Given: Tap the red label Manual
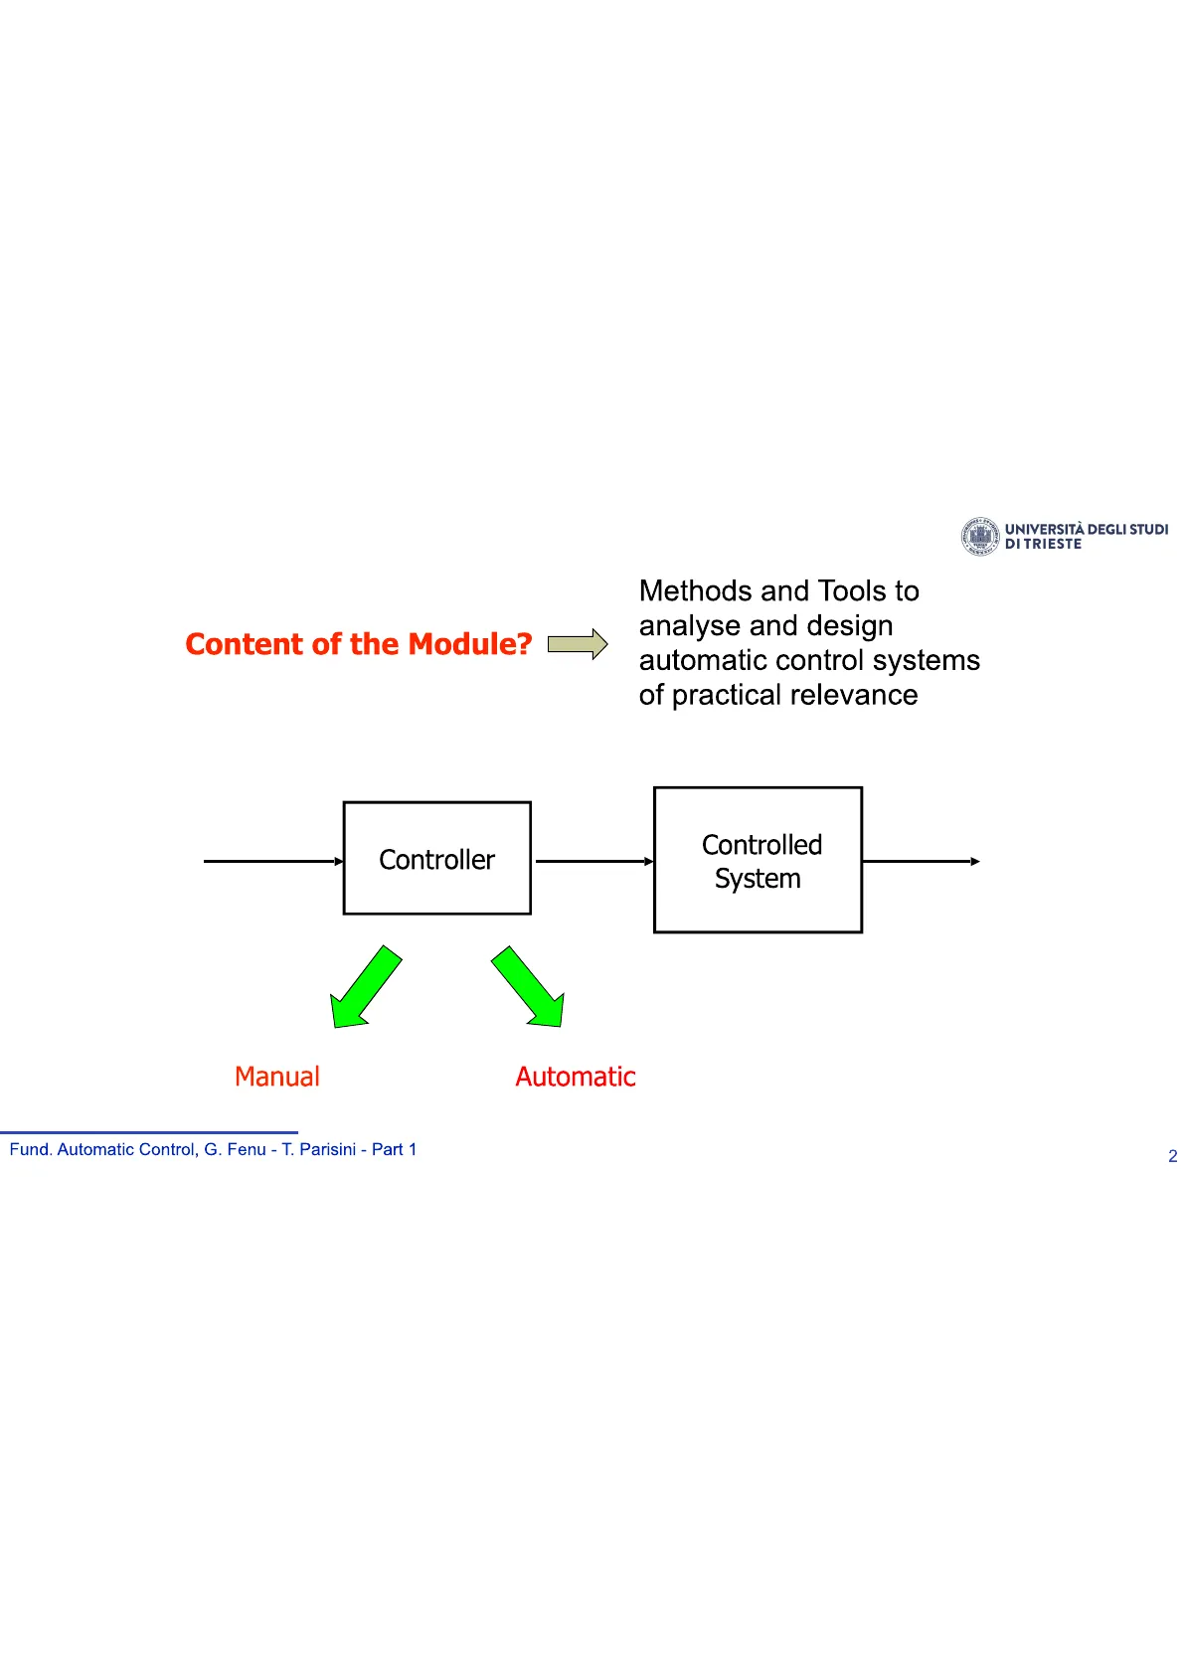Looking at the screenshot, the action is tap(277, 1077).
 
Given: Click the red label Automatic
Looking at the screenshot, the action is tap(576, 1077).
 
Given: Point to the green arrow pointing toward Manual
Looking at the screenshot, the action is tap(366, 988).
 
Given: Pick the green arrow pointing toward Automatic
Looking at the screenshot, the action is tap(529, 988).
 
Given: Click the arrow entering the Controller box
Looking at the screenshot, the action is tap(273, 862).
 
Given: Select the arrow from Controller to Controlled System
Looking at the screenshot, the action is tap(595, 862).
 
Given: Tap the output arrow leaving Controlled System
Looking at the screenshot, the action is tap(921, 862).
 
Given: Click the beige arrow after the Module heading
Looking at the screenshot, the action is tap(577, 644).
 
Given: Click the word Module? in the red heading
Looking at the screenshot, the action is tap(470, 644).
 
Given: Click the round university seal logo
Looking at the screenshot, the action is tap(980, 536).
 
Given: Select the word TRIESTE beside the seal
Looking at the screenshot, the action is tap(1053, 544).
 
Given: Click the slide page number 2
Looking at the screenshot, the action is tap(1173, 1156).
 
